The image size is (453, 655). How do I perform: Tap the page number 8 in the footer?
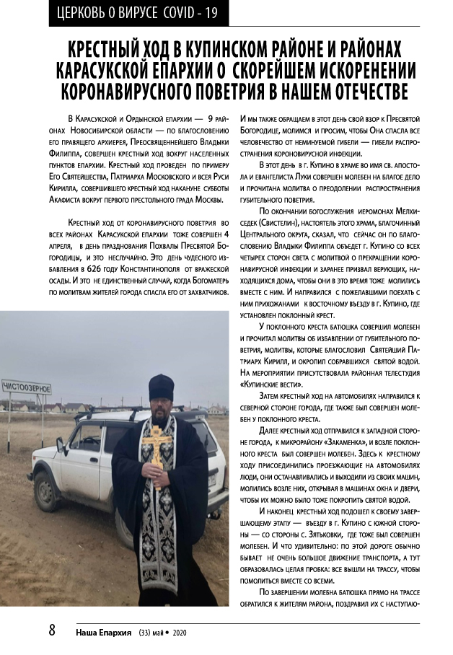[53, 630]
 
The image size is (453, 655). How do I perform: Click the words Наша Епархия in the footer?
[105, 631]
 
